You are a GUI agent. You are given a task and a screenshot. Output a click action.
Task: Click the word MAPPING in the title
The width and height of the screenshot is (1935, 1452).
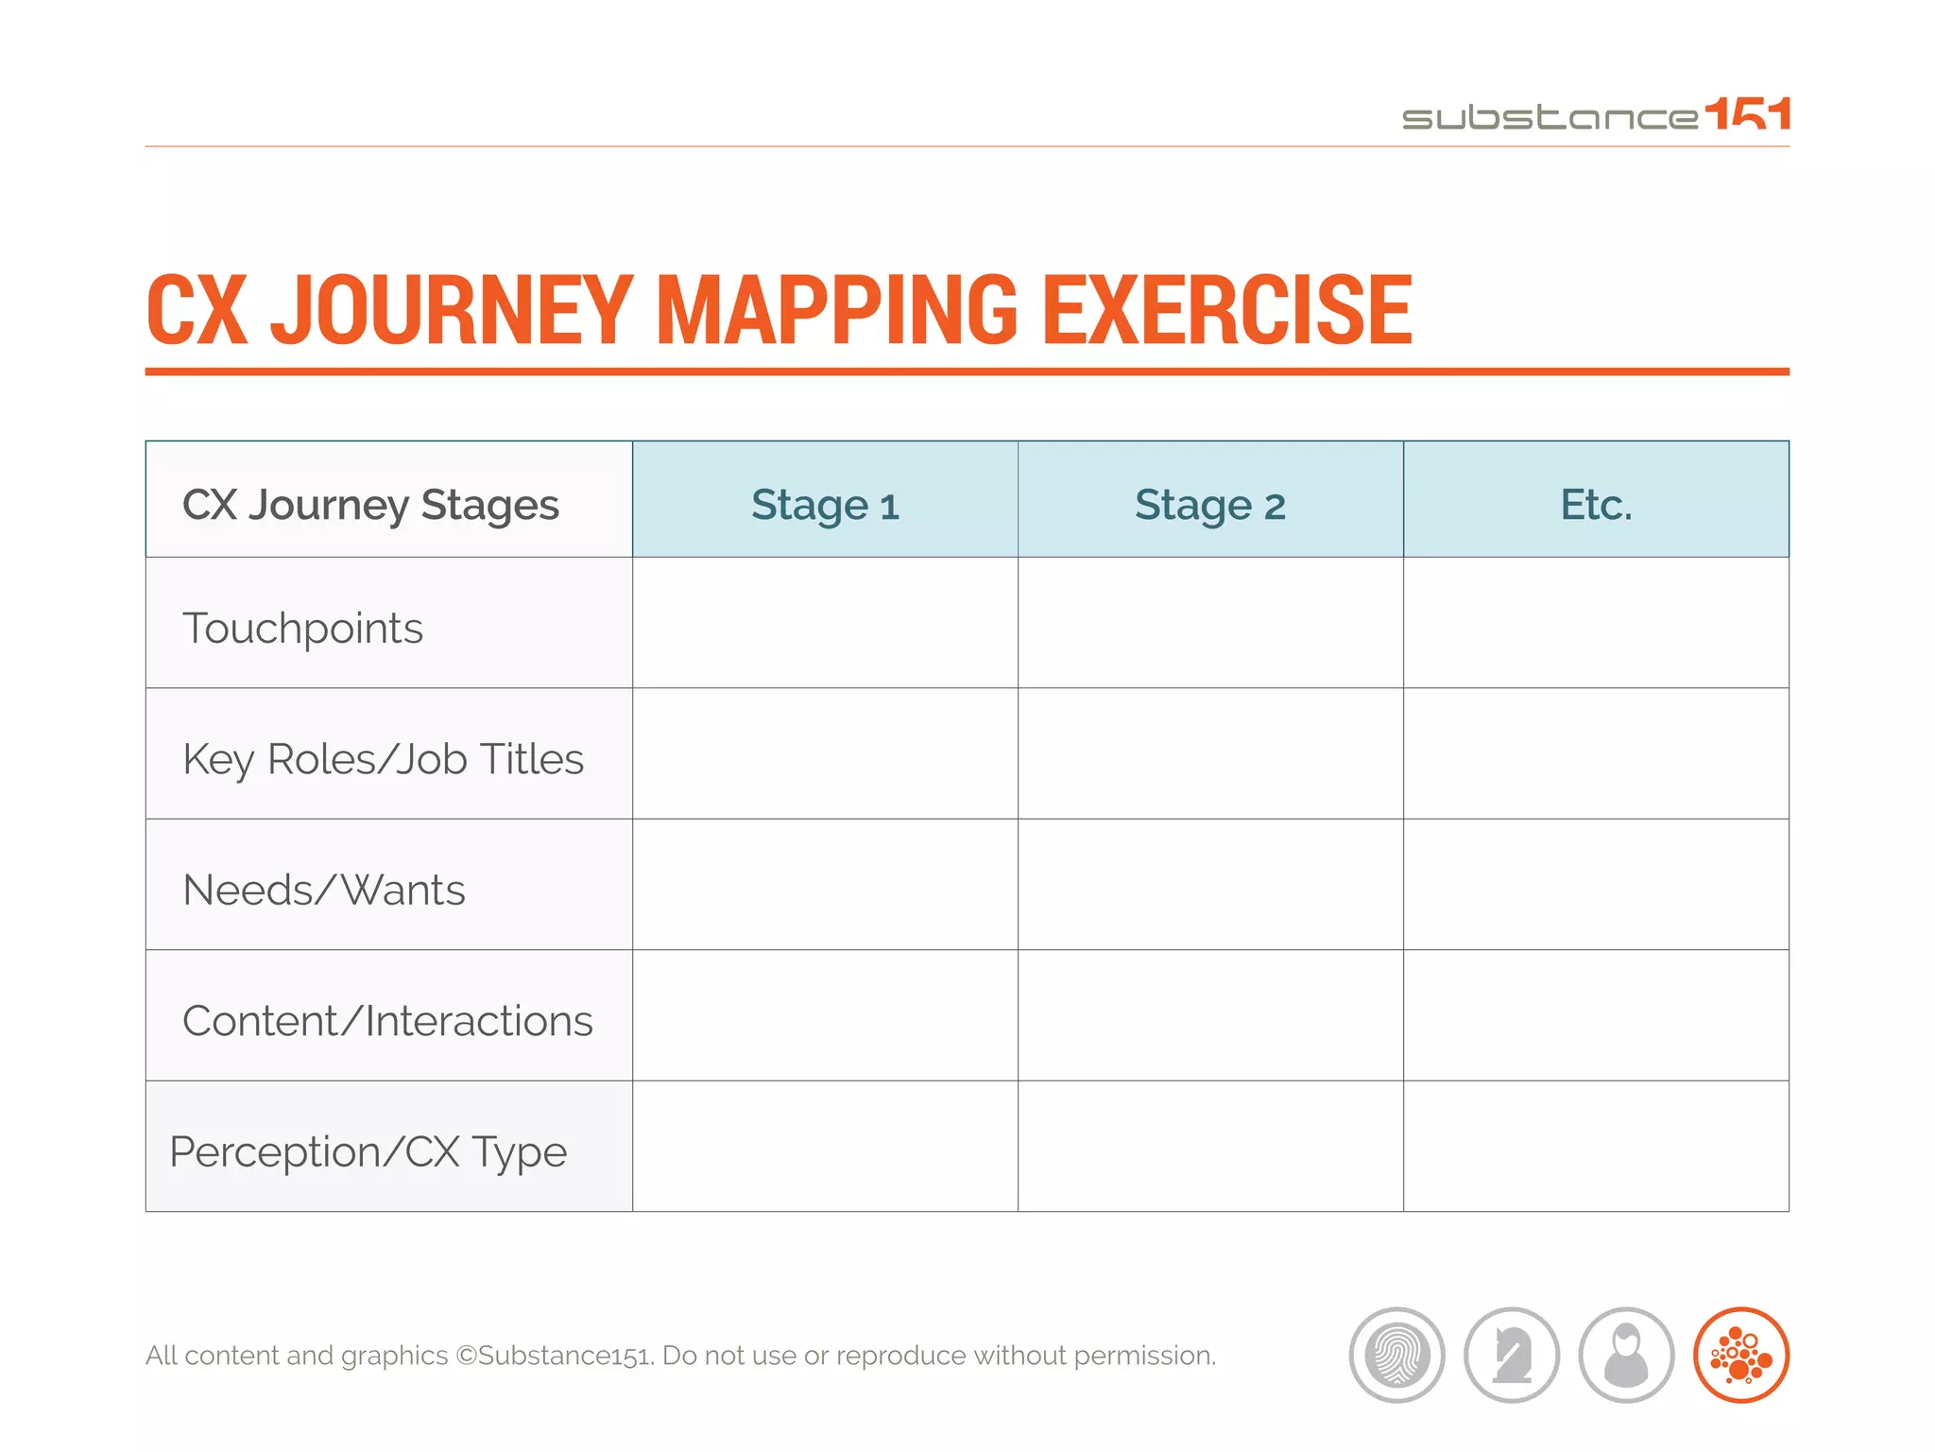(836, 310)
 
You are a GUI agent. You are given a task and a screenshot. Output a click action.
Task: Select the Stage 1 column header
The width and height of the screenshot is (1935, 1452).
(825, 504)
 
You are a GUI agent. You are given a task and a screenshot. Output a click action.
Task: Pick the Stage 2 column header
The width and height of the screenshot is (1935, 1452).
(1209, 504)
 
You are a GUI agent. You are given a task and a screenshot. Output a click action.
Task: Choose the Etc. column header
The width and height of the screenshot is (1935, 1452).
(1596, 504)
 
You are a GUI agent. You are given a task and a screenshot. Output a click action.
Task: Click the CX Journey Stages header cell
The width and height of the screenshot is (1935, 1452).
(370, 504)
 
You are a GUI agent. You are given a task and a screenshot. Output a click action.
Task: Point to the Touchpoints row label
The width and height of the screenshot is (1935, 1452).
(302, 628)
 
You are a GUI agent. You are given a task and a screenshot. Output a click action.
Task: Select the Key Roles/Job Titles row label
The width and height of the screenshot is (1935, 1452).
(383, 758)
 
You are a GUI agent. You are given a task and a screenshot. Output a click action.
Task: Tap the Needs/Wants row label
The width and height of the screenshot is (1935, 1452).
(324, 890)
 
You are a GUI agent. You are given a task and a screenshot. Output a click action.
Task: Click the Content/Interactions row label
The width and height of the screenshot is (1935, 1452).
(387, 1020)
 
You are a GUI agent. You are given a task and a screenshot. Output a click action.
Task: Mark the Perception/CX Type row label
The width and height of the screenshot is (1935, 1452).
(368, 1151)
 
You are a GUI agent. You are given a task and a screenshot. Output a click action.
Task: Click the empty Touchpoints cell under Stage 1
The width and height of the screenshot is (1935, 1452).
(825, 623)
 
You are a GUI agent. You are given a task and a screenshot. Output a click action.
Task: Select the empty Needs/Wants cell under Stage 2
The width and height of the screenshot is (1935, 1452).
(1209, 885)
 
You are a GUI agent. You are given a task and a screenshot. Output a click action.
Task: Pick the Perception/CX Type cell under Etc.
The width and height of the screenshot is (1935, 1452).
(1596, 1146)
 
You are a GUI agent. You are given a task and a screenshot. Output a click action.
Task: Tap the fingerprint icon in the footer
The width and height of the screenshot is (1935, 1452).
(1396, 1355)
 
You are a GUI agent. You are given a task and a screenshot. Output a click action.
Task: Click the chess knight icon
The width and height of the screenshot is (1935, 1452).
(1512, 1355)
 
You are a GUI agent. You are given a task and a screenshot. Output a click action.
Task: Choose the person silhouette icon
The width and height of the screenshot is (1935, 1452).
(1626, 1355)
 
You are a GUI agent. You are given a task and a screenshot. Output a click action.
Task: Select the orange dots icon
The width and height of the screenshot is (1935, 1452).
(1741, 1355)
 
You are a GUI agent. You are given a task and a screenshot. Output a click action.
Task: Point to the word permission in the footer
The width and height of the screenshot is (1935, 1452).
(1143, 1356)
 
